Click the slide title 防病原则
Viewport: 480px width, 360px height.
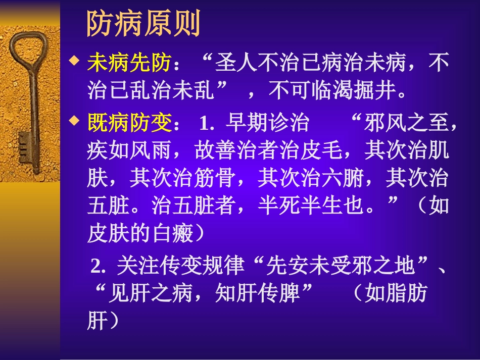click(x=144, y=23)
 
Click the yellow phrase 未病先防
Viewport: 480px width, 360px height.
click(x=129, y=65)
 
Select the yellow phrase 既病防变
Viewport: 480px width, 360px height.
click(x=129, y=123)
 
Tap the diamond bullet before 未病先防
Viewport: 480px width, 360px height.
click(x=75, y=62)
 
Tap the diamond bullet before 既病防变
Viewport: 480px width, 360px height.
click(x=75, y=120)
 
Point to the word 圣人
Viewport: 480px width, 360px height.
click(x=236, y=65)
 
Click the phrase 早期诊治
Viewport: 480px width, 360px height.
click(x=268, y=123)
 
